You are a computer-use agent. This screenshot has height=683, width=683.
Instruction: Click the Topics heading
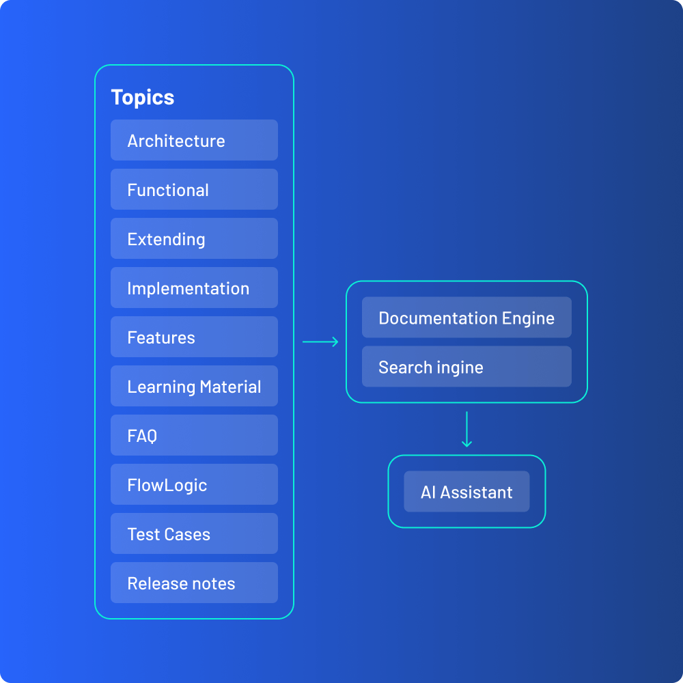click(143, 98)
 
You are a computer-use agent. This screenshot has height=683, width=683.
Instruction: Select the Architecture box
click(194, 141)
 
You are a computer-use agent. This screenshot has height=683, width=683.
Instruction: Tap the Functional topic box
click(194, 190)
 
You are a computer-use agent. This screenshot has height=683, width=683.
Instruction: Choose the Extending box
click(194, 239)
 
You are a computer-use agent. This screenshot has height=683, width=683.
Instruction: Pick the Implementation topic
click(194, 288)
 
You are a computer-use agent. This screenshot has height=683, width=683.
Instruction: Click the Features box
click(194, 337)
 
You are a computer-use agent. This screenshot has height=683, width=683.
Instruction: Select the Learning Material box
click(194, 387)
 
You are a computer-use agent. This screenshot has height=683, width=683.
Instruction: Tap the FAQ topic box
click(194, 436)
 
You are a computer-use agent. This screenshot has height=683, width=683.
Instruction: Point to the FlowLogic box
click(194, 485)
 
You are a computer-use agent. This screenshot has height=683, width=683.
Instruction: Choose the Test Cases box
click(194, 534)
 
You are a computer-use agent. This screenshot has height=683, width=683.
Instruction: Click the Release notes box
click(194, 583)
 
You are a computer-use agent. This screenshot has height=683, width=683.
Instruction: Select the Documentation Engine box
click(466, 318)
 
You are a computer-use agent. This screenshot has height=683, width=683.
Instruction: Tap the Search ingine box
click(466, 367)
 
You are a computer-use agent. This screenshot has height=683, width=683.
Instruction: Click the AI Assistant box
click(466, 492)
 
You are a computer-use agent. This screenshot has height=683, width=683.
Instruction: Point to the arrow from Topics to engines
click(320, 341)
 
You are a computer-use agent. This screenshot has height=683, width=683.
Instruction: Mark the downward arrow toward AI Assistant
click(466, 429)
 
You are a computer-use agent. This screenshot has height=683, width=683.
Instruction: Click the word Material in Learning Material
click(230, 387)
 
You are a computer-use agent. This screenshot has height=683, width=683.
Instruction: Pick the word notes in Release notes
click(213, 584)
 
